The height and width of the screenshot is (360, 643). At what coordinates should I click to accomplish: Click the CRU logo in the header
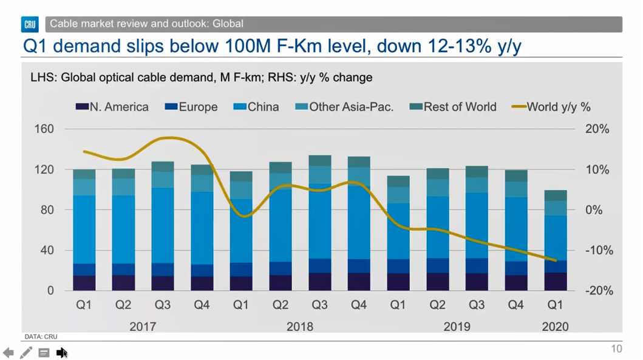click(x=30, y=24)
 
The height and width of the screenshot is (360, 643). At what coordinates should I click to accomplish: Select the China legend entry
click(x=256, y=107)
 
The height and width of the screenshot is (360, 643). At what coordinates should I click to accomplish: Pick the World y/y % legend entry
click(x=551, y=107)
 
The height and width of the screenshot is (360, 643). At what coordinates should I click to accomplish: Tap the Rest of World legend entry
click(x=453, y=107)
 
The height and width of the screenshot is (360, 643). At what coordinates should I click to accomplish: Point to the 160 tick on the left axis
click(x=48, y=129)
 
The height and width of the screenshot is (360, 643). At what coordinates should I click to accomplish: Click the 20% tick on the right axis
click(x=597, y=129)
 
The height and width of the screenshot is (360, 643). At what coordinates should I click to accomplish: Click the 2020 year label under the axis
click(x=555, y=327)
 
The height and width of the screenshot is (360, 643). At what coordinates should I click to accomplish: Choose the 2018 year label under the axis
click(x=300, y=327)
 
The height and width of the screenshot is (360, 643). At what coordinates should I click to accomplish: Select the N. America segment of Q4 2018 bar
click(x=359, y=282)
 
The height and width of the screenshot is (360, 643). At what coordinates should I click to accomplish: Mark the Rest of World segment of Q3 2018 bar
click(x=320, y=161)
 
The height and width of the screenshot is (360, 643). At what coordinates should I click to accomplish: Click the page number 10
click(x=616, y=348)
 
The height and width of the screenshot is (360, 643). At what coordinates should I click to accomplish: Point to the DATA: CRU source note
click(x=41, y=336)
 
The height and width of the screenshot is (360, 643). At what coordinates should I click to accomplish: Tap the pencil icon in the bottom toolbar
click(x=26, y=353)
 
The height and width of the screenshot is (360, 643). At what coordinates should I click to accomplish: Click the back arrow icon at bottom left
click(x=9, y=353)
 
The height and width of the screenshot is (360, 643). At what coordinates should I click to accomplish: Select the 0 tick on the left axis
click(x=51, y=291)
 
